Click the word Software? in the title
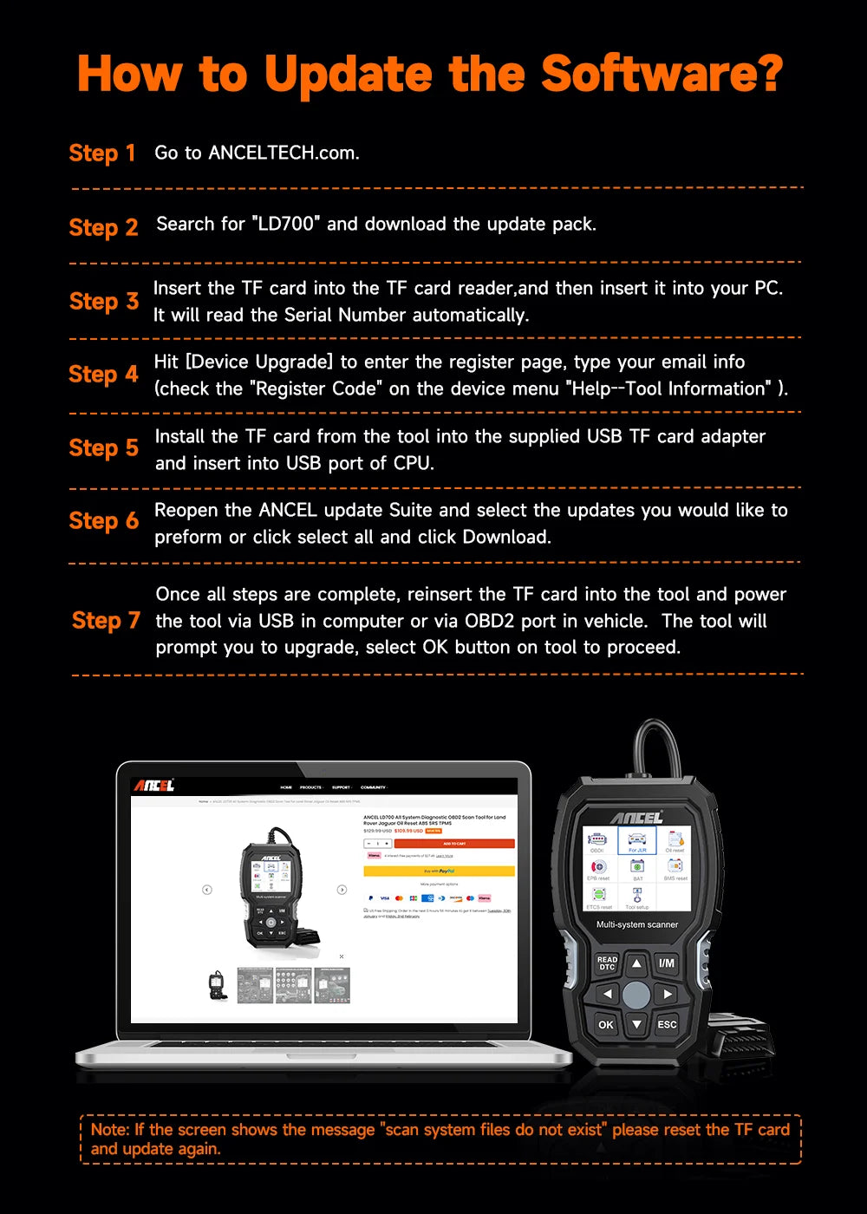(662, 74)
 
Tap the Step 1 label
(102, 153)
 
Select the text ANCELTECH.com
(284, 153)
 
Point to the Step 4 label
(103, 375)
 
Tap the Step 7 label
(106, 621)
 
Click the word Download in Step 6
(505, 537)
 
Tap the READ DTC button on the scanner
(607, 963)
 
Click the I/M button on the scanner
(666, 963)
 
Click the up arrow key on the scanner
(636, 963)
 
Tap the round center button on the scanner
(636, 995)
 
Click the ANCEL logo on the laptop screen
(153, 786)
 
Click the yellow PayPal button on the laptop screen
(439, 871)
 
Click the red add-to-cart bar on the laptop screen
(453, 843)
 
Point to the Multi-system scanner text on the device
(637, 924)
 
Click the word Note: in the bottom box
(110, 1129)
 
